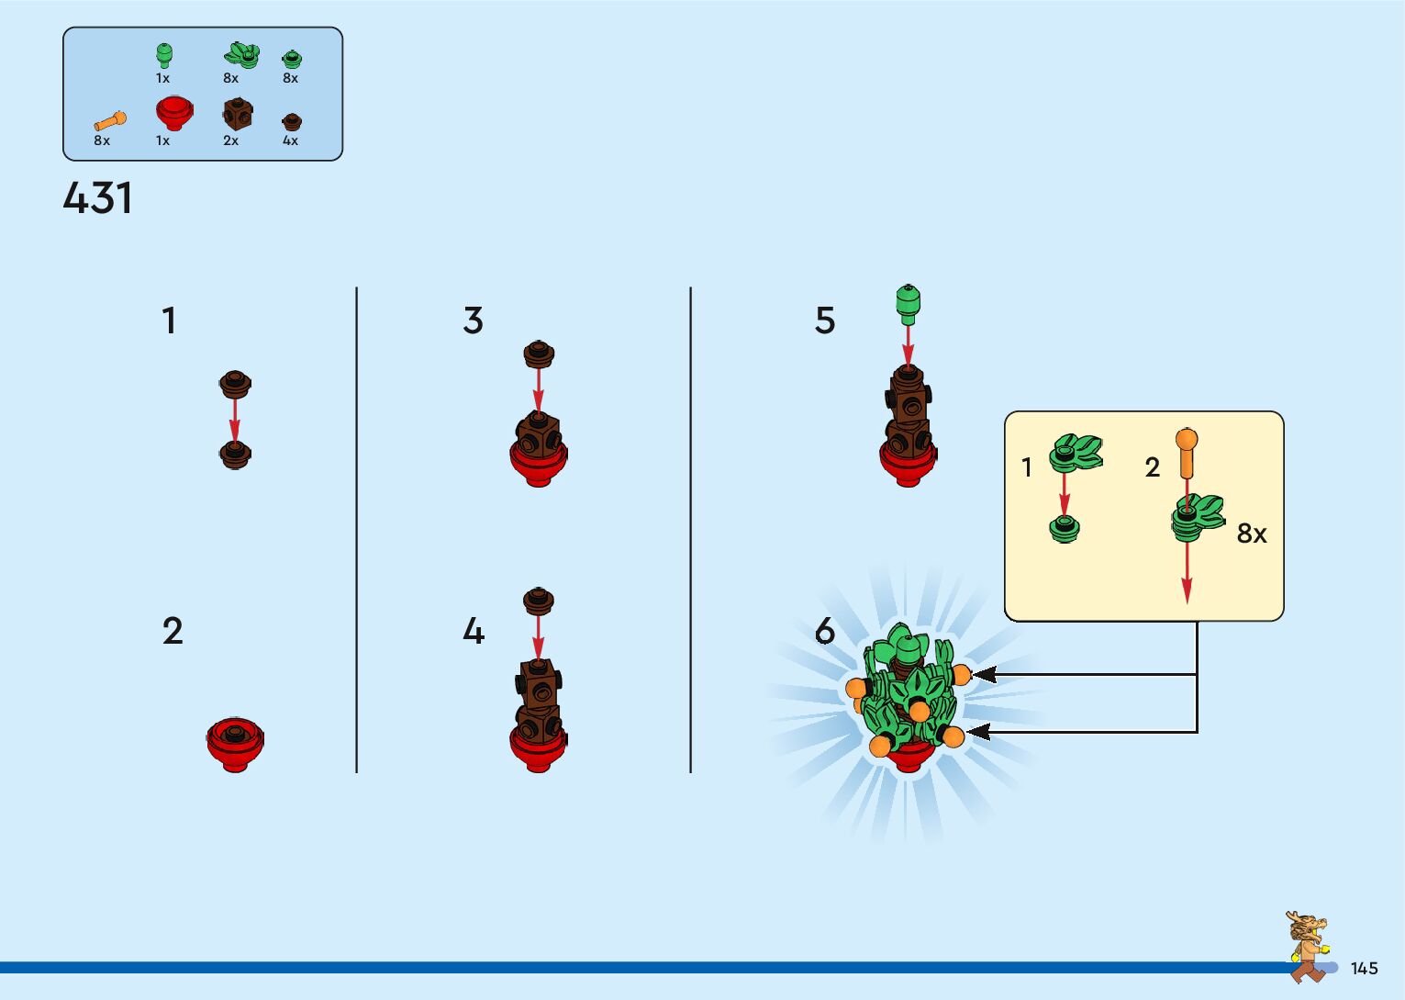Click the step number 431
click(x=97, y=197)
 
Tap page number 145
click(x=1364, y=968)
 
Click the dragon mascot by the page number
click(x=1307, y=946)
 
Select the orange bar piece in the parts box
click(x=110, y=120)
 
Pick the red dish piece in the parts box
click(x=173, y=112)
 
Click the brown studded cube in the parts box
click(x=237, y=114)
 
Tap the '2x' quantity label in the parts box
click(x=230, y=140)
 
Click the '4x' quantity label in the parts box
click(x=290, y=140)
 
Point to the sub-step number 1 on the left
click(x=169, y=320)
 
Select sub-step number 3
click(x=473, y=320)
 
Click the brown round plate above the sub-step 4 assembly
click(x=539, y=601)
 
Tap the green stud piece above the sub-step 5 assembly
click(x=908, y=303)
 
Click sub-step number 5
click(x=825, y=320)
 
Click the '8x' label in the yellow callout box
click(x=1251, y=533)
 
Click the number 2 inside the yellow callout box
click(x=1153, y=467)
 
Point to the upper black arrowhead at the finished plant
click(x=983, y=675)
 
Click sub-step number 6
click(x=825, y=631)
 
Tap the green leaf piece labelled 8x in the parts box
click(x=240, y=55)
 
